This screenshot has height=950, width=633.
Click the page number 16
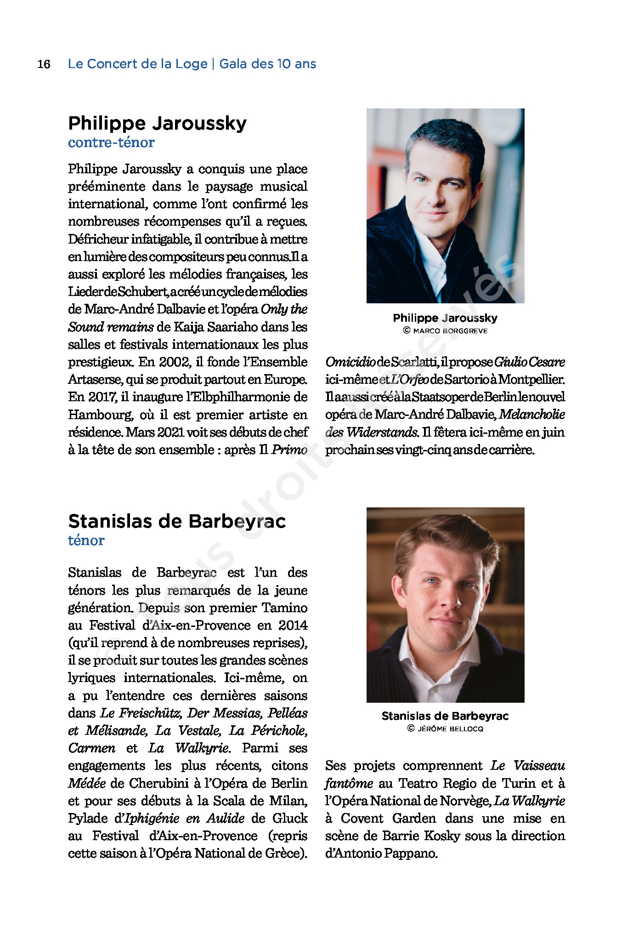44,64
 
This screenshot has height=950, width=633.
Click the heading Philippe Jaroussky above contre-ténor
157,123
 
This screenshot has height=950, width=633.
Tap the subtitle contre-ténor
111,142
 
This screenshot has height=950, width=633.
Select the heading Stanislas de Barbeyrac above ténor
177,521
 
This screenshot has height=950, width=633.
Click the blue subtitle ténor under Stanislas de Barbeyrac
86,540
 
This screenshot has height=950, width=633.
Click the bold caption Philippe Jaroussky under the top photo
445,318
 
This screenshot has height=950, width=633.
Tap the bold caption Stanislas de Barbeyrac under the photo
445,716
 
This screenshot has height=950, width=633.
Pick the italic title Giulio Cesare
529,362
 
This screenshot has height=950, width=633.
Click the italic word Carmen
91,748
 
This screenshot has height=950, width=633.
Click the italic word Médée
87,783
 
